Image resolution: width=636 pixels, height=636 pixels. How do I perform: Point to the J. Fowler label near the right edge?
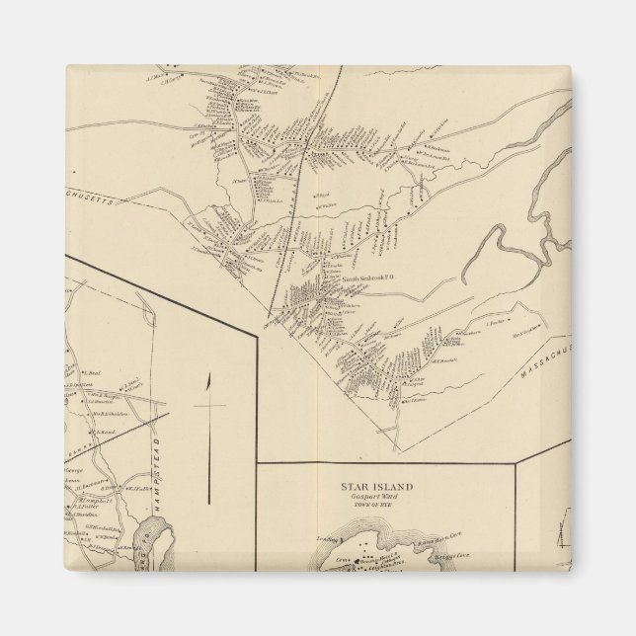pos(495,322)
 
